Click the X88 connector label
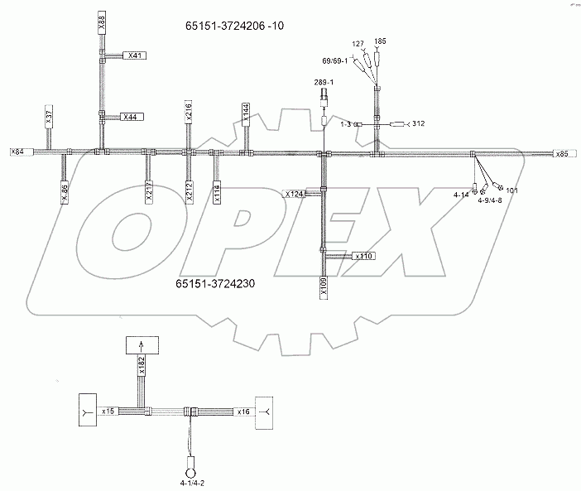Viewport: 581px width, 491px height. (101, 22)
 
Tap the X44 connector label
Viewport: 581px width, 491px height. (131, 117)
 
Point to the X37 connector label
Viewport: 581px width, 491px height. (49, 116)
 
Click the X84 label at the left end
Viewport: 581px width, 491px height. (17, 152)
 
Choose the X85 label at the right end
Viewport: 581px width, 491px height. (562, 154)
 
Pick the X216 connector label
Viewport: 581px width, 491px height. (189, 112)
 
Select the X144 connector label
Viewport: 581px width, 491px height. (246, 113)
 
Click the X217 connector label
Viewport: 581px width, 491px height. (149, 191)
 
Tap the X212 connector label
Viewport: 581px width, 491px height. (190, 190)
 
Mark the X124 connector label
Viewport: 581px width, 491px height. (295, 194)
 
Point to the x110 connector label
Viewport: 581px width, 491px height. (365, 257)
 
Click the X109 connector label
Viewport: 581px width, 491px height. (324, 287)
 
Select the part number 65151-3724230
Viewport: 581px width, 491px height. (215, 284)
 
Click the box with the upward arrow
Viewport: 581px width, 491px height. (140, 346)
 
